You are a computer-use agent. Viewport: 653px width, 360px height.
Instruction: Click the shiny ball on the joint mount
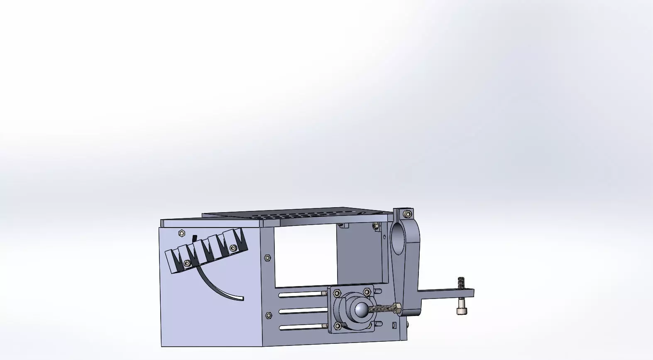[361, 309]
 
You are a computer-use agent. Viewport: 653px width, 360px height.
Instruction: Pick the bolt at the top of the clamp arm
[407, 214]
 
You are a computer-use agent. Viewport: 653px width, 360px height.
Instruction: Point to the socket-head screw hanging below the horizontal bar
[460, 311]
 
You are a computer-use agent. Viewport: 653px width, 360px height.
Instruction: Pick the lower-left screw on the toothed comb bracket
[188, 263]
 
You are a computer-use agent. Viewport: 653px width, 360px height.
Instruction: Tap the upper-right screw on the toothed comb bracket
[233, 248]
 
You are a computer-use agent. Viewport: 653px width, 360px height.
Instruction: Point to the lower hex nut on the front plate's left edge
[269, 315]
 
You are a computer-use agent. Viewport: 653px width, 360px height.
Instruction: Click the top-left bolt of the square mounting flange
[337, 293]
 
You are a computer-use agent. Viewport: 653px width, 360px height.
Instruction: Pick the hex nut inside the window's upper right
[375, 226]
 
